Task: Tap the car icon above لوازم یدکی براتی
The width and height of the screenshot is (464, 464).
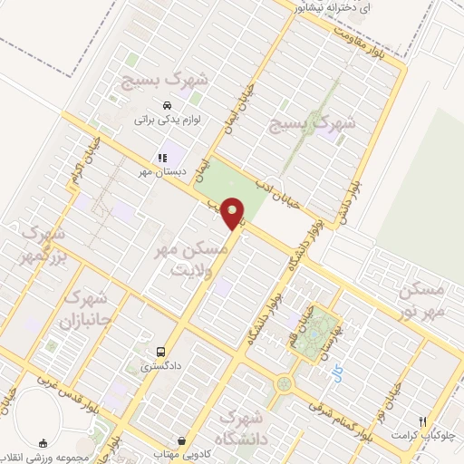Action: coord(167,105)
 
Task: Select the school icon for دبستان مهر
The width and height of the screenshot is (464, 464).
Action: coord(162,157)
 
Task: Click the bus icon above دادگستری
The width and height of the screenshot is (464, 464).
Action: coord(160,352)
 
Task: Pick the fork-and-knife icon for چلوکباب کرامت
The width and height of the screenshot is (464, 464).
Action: coord(422,420)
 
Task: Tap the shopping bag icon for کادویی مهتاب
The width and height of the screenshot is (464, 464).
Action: coord(181,441)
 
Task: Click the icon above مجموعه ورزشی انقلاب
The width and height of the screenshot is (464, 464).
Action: coord(43,443)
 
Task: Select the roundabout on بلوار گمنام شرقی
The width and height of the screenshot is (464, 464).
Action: coord(285,384)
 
